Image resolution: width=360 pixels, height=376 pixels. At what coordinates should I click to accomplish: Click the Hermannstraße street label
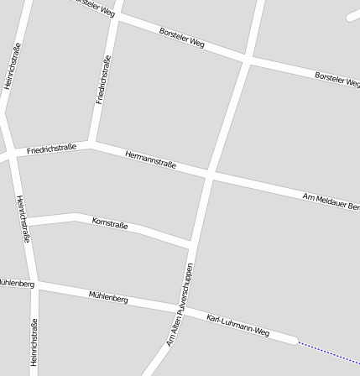(x=150, y=159)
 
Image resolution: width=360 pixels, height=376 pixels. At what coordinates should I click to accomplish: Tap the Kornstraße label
(x=110, y=223)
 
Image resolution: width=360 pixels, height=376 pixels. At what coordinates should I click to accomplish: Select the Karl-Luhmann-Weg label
(x=237, y=326)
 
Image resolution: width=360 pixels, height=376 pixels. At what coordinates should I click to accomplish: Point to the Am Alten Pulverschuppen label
(x=180, y=305)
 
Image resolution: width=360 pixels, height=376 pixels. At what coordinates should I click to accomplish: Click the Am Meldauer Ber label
(x=331, y=201)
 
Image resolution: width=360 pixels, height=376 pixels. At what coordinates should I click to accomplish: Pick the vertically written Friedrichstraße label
(x=103, y=79)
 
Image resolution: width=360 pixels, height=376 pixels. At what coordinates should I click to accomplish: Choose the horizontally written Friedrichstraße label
(x=51, y=149)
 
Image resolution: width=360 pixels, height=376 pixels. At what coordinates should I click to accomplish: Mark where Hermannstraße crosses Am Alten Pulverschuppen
(x=210, y=175)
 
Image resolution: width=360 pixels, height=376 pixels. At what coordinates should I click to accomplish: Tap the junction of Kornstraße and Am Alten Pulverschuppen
(x=191, y=244)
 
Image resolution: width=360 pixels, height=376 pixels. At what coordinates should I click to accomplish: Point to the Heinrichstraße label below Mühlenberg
(x=34, y=342)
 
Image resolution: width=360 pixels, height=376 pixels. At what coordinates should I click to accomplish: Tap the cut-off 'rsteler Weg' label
(x=95, y=8)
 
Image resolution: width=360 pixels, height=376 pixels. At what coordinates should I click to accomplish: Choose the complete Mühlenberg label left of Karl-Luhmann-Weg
(x=108, y=296)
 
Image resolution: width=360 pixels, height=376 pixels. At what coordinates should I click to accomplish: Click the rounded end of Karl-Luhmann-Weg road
(x=294, y=340)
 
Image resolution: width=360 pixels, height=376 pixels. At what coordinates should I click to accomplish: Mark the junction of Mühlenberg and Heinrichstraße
(x=34, y=285)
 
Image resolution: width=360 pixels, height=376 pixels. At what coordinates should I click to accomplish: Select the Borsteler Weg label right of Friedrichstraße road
(x=182, y=37)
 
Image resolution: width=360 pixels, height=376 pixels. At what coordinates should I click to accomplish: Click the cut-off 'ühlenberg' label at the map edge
(x=17, y=283)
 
